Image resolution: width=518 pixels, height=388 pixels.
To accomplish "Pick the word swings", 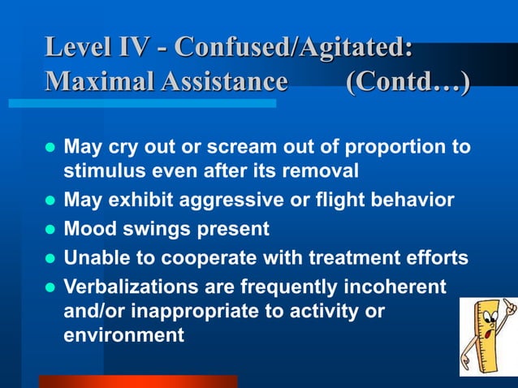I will pos(149,230).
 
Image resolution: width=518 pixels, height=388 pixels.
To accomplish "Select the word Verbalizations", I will pos(125,287).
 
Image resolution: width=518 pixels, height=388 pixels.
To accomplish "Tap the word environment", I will pos(124,334).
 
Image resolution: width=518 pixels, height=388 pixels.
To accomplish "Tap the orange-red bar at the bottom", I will pos(138,381).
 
